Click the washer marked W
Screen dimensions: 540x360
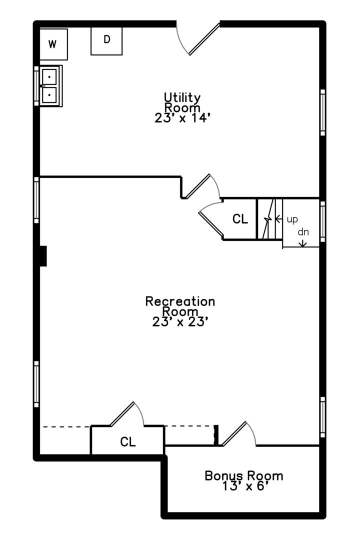coord(53,44)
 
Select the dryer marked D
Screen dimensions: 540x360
coord(106,40)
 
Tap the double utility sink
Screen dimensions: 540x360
coord(50,86)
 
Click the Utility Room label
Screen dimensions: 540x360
coord(182,102)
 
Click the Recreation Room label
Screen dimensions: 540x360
coord(180,306)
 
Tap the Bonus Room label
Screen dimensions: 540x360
coord(243,475)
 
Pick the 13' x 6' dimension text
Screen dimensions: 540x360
coord(243,486)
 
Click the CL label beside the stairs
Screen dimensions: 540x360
coord(240,219)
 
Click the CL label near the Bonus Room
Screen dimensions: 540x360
coord(128,442)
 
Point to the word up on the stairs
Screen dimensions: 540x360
coord(292,219)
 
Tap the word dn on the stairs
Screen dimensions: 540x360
coord(303,232)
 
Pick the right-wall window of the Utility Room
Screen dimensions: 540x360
coord(322,112)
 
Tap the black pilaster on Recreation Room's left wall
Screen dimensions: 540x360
coord(43,256)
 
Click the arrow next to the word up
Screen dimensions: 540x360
coord(278,219)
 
